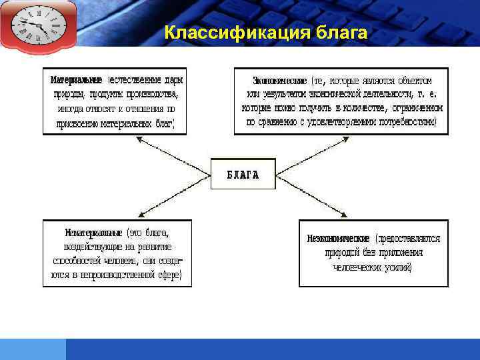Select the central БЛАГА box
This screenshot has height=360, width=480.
click(x=243, y=175)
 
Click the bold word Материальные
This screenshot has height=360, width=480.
click(x=75, y=80)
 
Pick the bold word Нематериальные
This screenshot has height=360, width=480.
click(x=93, y=233)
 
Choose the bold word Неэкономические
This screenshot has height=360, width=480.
click(x=339, y=238)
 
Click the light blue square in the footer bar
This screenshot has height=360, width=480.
click(x=33, y=349)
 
